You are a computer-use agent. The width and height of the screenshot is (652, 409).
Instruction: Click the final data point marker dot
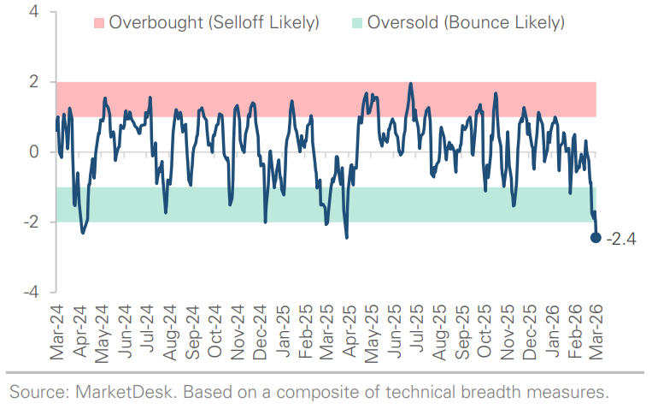(x=596, y=237)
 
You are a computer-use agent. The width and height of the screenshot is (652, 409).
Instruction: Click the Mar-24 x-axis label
(x=58, y=330)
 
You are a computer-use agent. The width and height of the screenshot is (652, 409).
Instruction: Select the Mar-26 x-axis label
(x=595, y=330)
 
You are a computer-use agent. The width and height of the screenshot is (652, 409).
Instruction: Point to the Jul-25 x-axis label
(x=416, y=330)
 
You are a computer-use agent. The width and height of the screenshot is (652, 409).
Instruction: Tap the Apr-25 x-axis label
(x=349, y=330)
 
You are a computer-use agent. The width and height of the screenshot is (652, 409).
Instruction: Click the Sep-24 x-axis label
(x=192, y=330)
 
